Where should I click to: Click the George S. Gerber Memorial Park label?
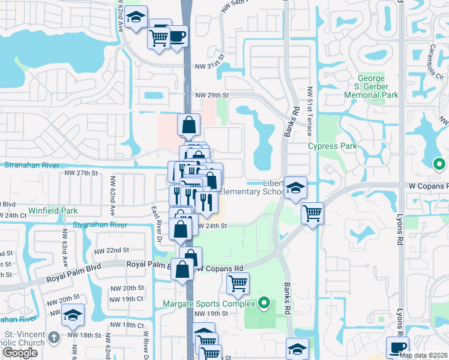click(x=378, y=87)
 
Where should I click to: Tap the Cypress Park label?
click(x=333, y=146)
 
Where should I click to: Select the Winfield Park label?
click(x=53, y=211)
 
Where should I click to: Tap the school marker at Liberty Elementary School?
click(x=295, y=188)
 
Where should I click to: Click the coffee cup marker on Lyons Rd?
click(x=397, y=347)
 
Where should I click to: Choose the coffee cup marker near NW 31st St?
click(x=176, y=36)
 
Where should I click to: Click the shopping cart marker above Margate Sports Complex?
click(x=238, y=283)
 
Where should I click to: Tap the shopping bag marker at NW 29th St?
click(x=189, y=125)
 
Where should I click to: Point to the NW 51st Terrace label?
click(x=310, y=112)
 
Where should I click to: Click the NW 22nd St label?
click(x=115, y=250)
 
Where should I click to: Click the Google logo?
click(x=20, y=353)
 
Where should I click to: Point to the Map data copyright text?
click(x=424, y=355)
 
